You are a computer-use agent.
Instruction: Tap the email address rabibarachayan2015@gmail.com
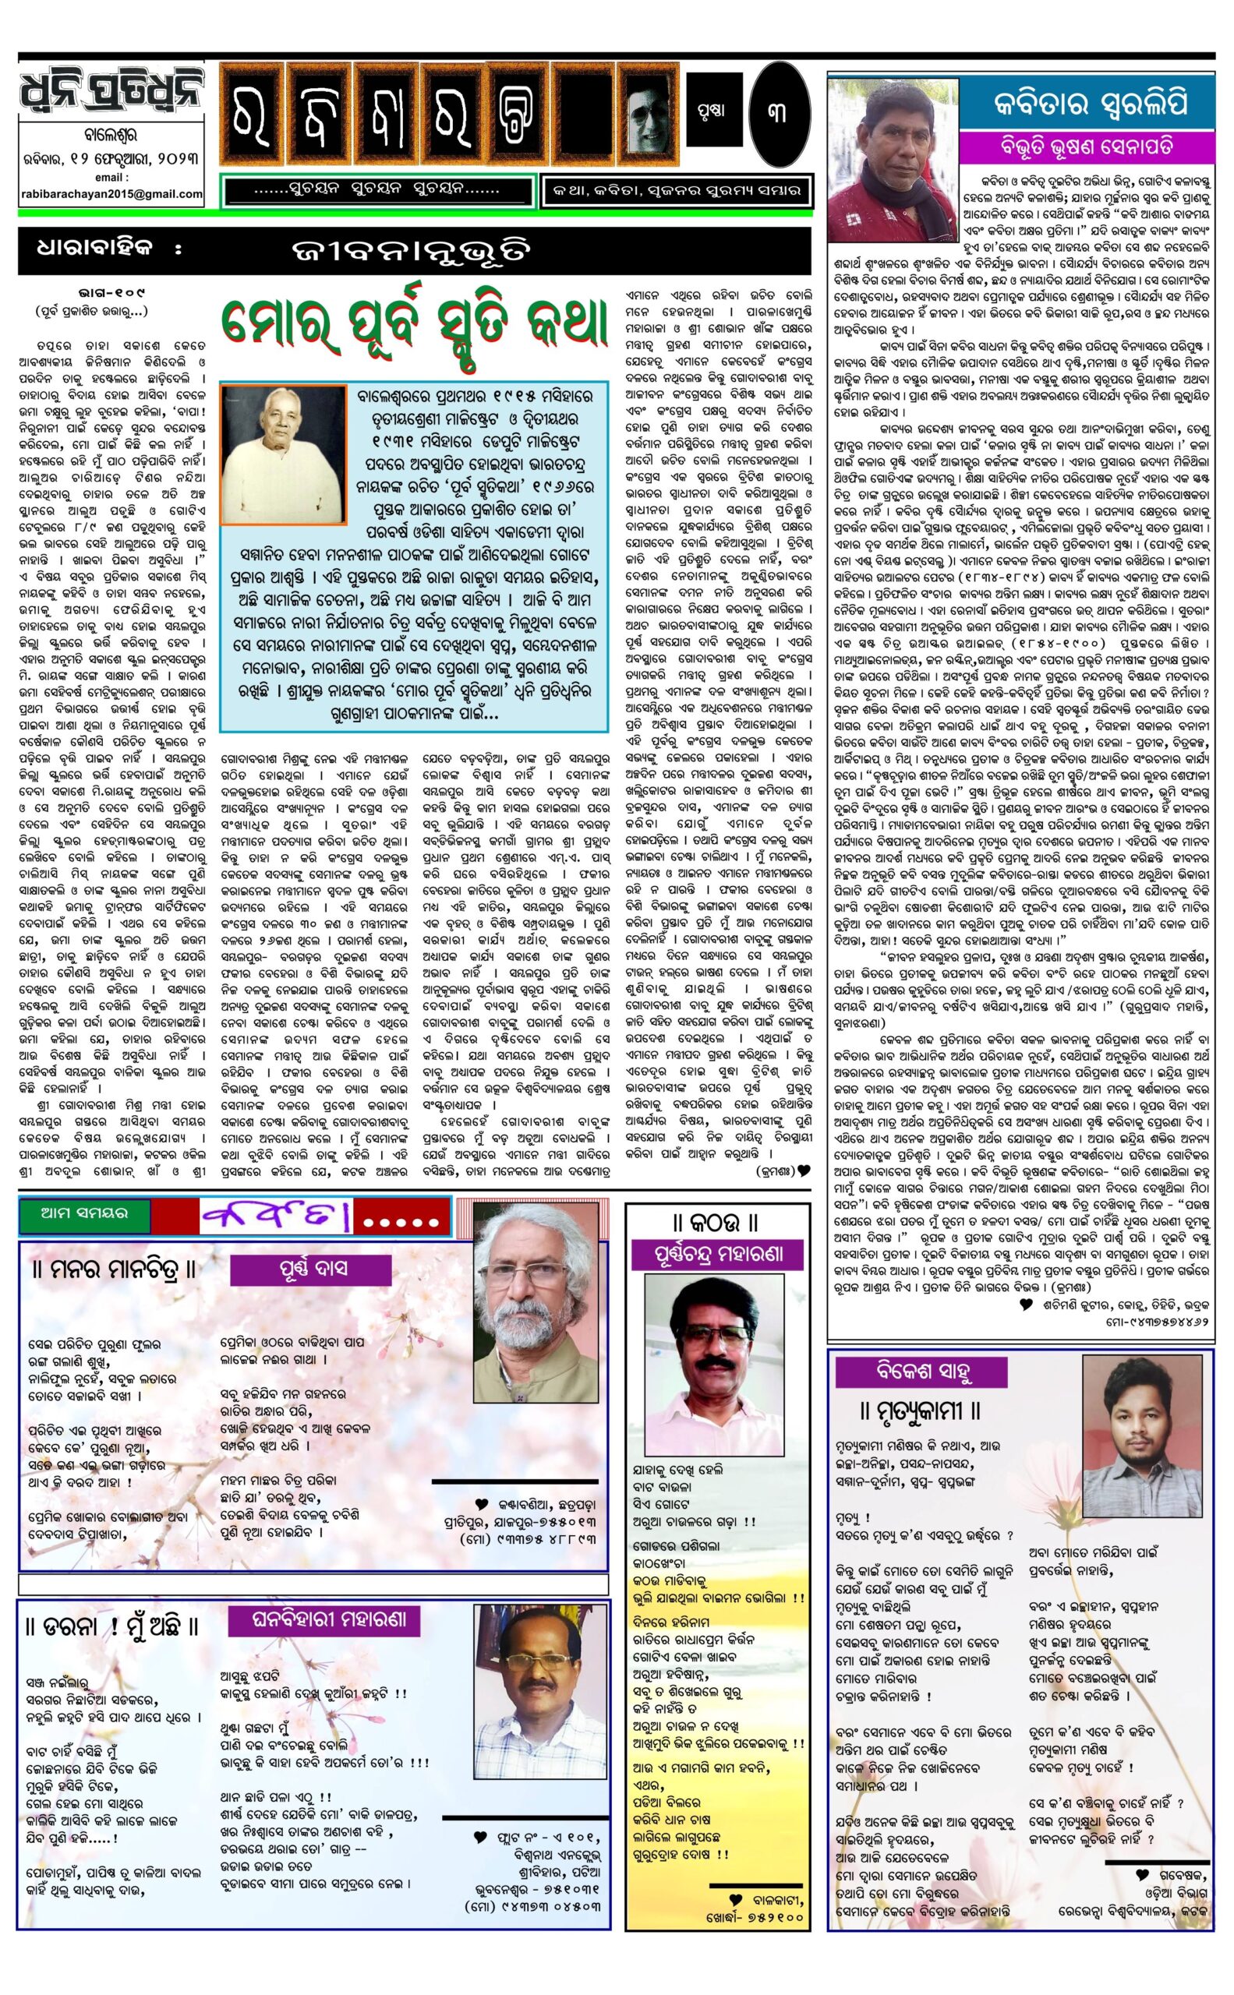111,193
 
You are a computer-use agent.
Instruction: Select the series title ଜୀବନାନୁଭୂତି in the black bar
414,250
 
